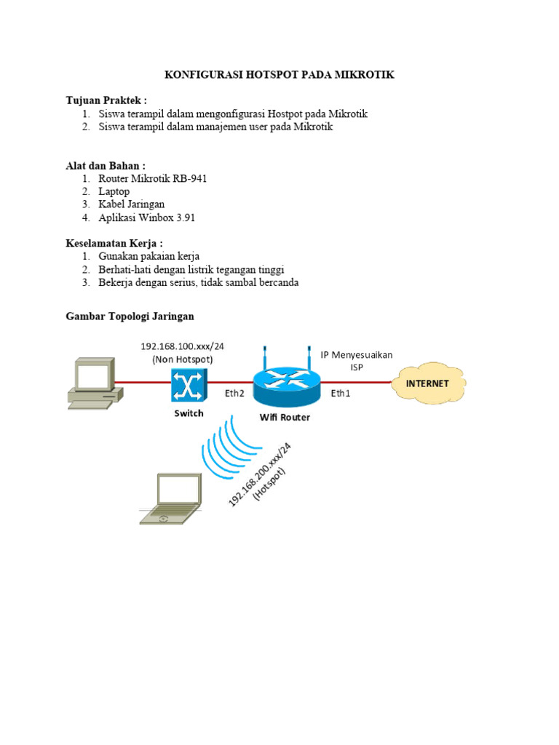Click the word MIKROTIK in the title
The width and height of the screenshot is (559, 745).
point(361,76)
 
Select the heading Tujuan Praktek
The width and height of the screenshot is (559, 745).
point(106,100)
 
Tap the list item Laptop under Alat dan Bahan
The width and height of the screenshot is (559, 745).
point(114,191)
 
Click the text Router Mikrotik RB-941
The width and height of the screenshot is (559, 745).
point(153,178)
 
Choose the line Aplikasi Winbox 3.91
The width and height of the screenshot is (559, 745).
point(147,218)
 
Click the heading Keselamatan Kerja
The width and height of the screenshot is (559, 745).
point(114,243)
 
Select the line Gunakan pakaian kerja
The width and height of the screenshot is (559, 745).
point(148,256)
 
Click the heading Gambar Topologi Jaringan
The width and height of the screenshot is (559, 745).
point(130,316)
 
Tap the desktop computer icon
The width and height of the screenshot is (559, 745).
point(92,381)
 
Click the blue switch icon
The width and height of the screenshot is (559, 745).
point(189,385)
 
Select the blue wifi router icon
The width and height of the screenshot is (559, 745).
point(286,386)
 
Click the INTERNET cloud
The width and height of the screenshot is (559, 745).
point(428,383)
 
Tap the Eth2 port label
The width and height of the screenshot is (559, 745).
point(234,394)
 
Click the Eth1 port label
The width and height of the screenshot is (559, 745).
point(341,394)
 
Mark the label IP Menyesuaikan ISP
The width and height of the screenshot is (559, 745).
point(357,361)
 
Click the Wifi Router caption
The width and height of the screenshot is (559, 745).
point(285,418)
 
